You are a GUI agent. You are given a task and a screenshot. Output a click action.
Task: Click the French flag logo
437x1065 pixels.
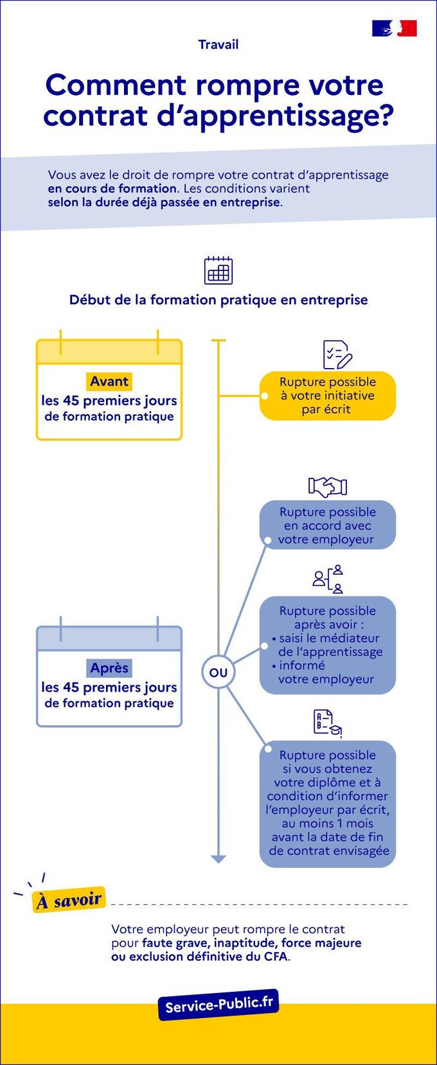(394, 28)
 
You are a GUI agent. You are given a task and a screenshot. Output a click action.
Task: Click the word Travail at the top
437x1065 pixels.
(219, 44)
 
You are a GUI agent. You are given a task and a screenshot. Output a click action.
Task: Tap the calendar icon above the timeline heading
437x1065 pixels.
(219, 270)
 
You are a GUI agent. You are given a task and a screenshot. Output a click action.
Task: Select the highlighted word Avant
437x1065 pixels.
(109, 381)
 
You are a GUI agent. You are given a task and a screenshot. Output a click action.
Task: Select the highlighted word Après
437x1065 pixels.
(109, 668)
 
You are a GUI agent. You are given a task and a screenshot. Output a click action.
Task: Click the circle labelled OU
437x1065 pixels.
(219, 673)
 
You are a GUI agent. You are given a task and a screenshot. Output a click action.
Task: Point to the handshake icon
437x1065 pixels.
(327, 486)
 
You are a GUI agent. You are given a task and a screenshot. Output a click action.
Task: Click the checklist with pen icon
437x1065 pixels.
(337, 355)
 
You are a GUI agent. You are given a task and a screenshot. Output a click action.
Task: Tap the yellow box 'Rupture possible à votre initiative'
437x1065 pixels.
(328, 396)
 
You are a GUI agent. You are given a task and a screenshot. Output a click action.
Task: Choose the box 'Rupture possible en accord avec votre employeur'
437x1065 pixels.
(328, 525)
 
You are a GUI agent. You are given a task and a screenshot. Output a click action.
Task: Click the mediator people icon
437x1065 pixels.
(328, 579)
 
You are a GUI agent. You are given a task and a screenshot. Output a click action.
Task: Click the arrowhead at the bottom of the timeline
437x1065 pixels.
(219, 859)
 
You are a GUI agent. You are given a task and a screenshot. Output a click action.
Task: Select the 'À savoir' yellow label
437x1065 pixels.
(69, 900)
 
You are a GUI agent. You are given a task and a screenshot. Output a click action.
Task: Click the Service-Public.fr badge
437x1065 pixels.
(219, 1005)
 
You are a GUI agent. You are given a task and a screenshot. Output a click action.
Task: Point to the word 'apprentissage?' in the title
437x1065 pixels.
(276, 116)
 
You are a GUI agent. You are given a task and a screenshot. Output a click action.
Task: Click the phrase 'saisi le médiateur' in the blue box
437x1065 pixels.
(328, 638)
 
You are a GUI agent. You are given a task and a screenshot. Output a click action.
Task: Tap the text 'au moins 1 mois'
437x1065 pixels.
(328, 823)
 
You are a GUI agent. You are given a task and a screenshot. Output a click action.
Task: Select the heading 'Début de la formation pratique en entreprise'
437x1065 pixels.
(219, 300)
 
